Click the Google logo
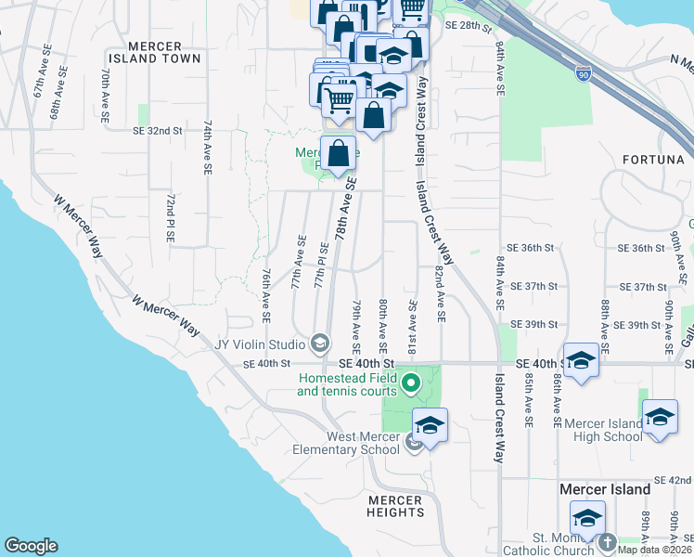pos(31,546)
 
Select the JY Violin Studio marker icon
pos(320,344)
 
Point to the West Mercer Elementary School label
pos(362,444)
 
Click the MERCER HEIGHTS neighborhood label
pos(394,506)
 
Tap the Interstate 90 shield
pos(583,73)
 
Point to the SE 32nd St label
pos(158,131)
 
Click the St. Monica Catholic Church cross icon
pos(608,541)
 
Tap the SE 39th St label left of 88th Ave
pos(539,325)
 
